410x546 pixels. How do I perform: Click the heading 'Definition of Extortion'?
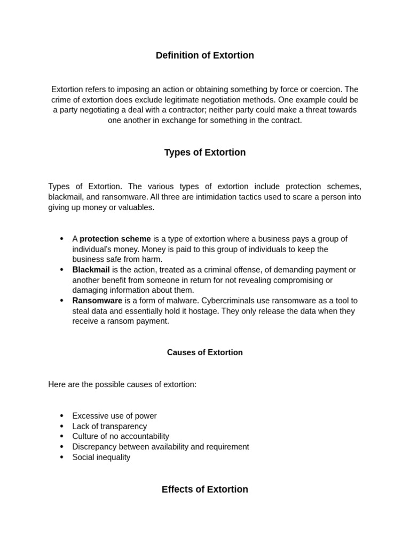(x=204, y=55)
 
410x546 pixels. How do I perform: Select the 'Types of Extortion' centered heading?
(x=204, y=152)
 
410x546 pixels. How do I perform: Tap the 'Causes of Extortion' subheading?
(x=204, y=352)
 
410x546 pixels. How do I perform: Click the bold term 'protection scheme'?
(x=115, y=239)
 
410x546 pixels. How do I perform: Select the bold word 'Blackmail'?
(x=91, y=270)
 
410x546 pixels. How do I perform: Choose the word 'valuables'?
(x=136, y=207)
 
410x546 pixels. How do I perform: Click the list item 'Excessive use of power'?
(x=114, y=416)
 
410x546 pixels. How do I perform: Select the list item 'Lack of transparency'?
(x=109, y=427)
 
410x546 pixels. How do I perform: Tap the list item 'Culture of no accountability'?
(x=121, y=436)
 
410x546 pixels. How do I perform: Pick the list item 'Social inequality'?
(x=101, y=457)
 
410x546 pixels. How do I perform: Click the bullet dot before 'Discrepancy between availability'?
(x=61, y=447)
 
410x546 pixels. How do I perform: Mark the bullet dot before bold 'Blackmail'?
(x=61, y=270)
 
